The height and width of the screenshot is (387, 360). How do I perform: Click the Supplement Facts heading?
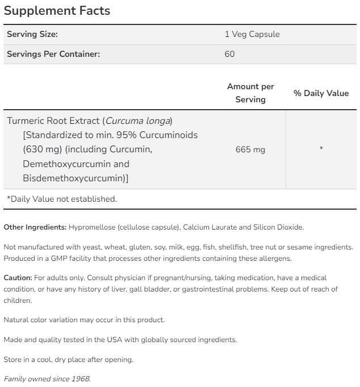(57, 11)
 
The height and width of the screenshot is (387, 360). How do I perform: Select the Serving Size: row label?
(32, 34)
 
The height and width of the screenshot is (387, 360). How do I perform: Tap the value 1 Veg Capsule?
(252, 34)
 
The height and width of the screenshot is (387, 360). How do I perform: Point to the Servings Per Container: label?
(53, 54)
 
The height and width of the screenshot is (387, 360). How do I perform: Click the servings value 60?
(229, 54)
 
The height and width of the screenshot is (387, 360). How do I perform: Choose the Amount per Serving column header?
(250, 93)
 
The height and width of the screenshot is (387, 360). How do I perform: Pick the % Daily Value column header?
(321, 93)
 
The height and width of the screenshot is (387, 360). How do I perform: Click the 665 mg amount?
(250, 149)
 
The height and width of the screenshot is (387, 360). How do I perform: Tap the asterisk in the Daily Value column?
(321, 149)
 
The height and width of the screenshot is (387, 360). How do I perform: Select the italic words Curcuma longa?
(138, 121)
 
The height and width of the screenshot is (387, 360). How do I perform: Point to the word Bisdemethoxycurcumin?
(73, 178)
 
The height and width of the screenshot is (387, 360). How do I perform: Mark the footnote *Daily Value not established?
(61, 199)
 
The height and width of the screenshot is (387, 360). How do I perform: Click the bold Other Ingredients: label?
(35, 227)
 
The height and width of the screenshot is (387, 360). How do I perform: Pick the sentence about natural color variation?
(84, 320)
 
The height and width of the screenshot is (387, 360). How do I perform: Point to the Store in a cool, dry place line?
(68, 359)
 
